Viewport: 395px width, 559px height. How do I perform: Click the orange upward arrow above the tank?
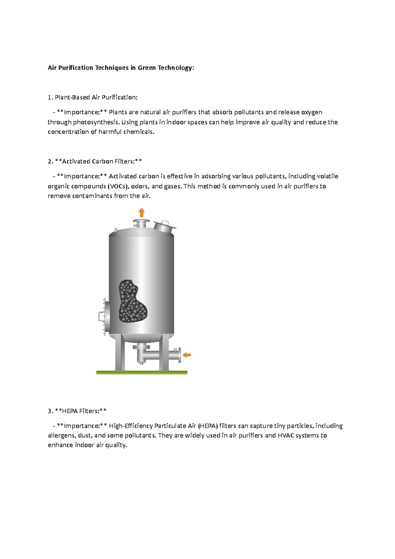pos(142,212)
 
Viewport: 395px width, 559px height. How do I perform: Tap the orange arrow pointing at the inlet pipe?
pos(187,355)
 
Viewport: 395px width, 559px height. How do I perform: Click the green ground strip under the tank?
pos(142,372)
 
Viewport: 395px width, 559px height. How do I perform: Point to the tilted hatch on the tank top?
pos(164,226)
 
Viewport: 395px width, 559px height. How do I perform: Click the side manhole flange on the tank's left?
pos(103,316)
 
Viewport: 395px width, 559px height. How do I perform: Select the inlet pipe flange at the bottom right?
pos(178,355)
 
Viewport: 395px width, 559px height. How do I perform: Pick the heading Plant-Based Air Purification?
pos(96,97)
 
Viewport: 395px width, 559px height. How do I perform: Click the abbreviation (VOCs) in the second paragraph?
pos(118,186)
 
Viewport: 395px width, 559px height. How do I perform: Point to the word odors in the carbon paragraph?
pos(140,186)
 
